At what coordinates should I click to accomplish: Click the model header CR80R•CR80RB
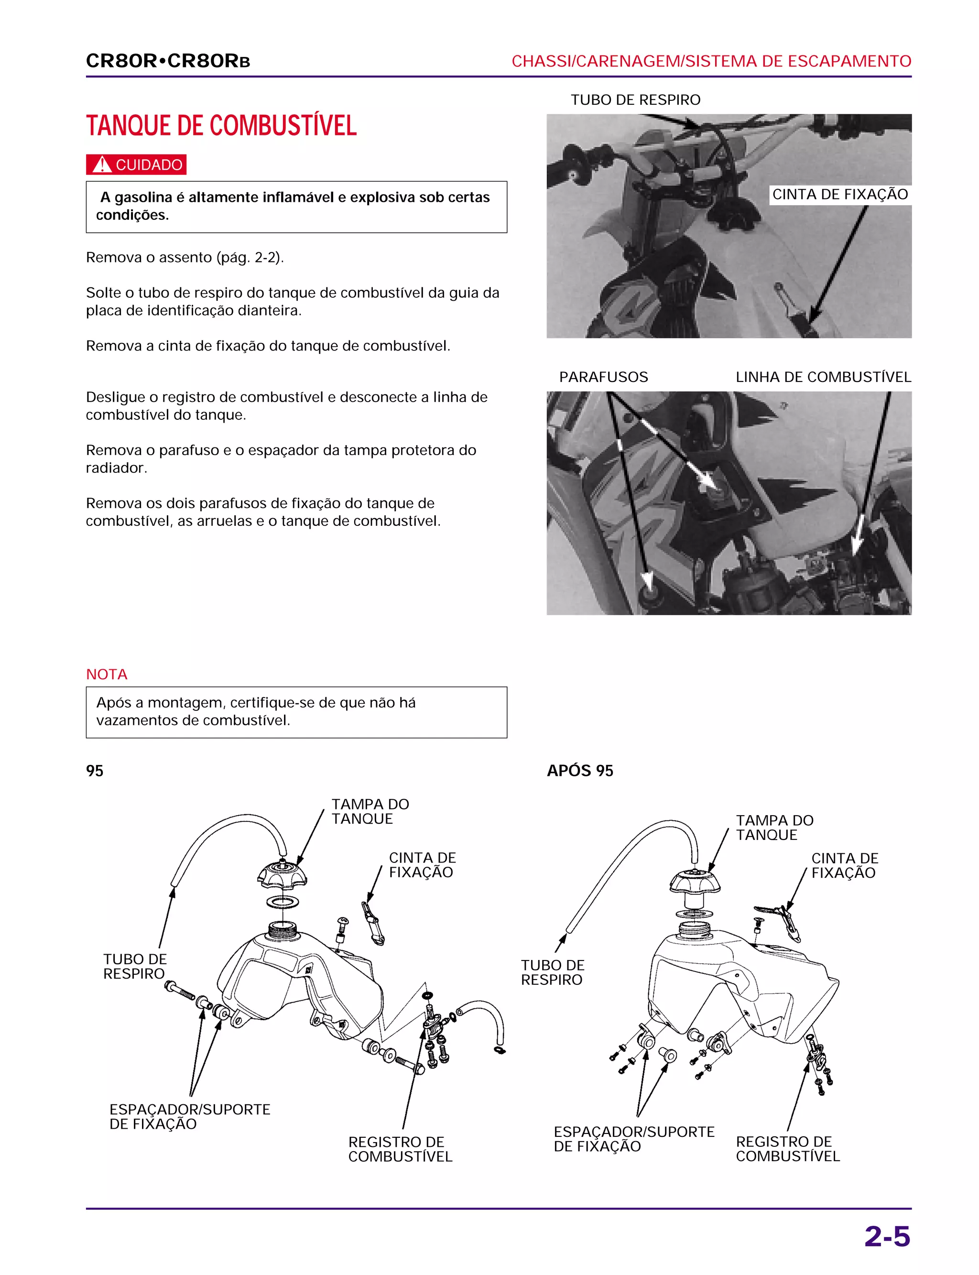pyautogui.click(x=168, y=61)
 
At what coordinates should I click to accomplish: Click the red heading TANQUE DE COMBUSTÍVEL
pyautogui.click(x=221, y=126)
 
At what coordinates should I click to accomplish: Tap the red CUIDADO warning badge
pyautogui.click(x=136, y=165)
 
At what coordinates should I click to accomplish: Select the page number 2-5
pyautogui.click(x=886, y=1237)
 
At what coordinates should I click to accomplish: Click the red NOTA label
pyautogui.click(x=107, y=674)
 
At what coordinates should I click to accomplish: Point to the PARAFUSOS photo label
pyautogui.click(x=603, y=377)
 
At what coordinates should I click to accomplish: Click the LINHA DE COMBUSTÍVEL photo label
pyautogui.click(x=823, y=377)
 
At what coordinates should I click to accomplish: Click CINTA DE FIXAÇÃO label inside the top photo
pyautogui.click(x=840, y=195)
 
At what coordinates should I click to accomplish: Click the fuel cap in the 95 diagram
pyautogui.click(x=282, y=874)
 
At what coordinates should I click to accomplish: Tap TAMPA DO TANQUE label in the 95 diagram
pyautogui.click(x=370, y=811)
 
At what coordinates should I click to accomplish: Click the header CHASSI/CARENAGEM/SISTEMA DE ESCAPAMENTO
pyautogui.click(x=711, y=61)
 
